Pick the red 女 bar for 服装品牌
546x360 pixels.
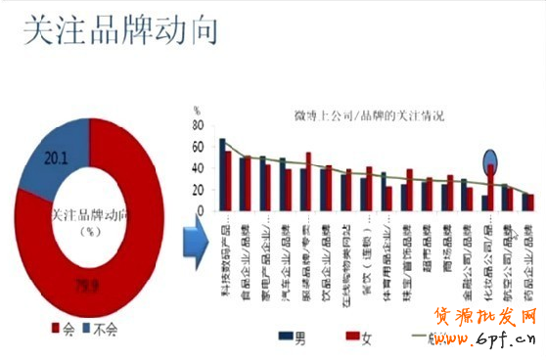click(308, 181)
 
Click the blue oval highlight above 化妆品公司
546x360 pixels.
click(491, 159)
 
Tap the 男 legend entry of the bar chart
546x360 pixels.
click(292, 337)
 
